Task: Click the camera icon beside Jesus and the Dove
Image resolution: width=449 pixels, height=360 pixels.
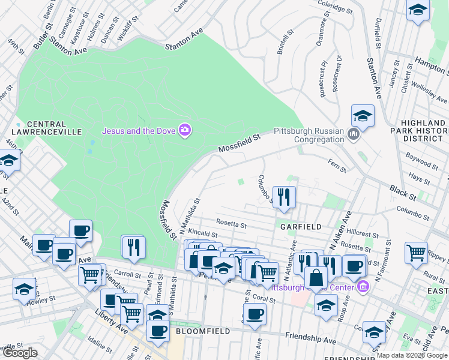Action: pyautogui.click(x=185, y=130)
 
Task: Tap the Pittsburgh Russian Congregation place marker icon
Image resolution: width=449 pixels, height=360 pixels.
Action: pyautogui.click(x=353, y=134)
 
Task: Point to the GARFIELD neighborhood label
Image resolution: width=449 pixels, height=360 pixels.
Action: pyautogui.click(x=301, y=226)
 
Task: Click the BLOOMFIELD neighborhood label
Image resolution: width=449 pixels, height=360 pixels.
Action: pyautogui.click(x=201, y=331)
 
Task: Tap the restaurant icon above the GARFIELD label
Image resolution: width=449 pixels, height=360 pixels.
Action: pyautogui.click(x=284, y=196)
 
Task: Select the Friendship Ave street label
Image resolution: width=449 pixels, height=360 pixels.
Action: pyautogui.click(x=311, y=340)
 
